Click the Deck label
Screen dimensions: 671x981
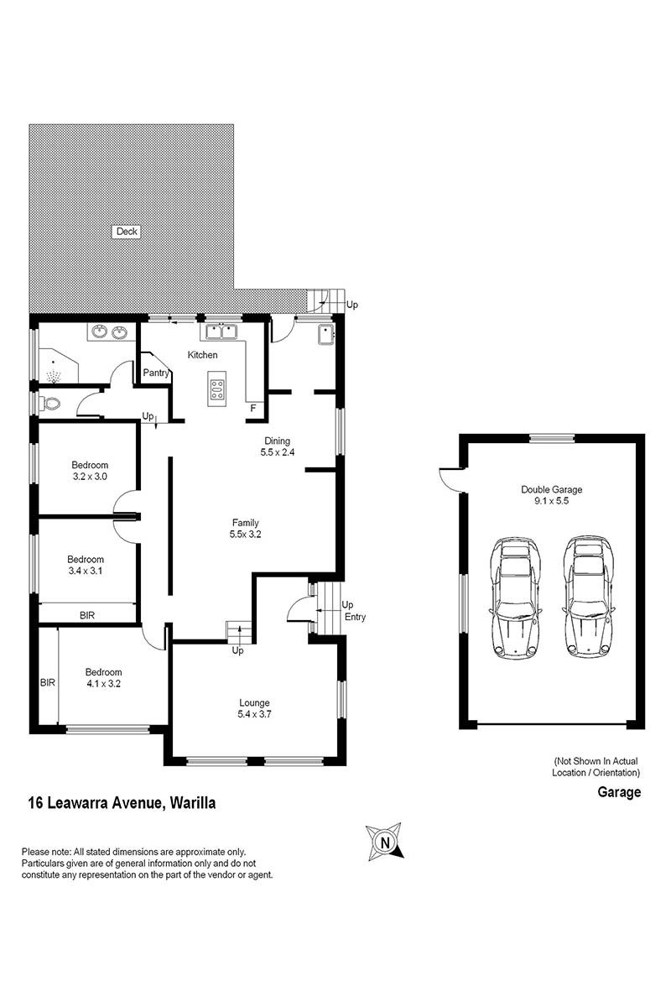tap(127, 232)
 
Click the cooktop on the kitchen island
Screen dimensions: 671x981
tap(216, 389)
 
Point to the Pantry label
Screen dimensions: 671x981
tap(156, 373)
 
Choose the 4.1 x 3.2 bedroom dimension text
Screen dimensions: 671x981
tap(104, 684)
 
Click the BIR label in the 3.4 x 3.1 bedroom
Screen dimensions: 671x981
tap(87, 616)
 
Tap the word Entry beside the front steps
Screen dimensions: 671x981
tap(355, 617)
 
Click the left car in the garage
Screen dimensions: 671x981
tap(515, 597)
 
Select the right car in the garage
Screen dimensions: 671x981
tap(589, 597)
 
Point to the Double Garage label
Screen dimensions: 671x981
tap(552, 490)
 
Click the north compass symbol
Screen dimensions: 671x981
tap(385, 842)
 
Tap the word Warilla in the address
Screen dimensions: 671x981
tap(193, 803)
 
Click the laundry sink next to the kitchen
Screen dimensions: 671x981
tap(326, 336)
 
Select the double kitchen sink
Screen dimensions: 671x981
tap(221, 331)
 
